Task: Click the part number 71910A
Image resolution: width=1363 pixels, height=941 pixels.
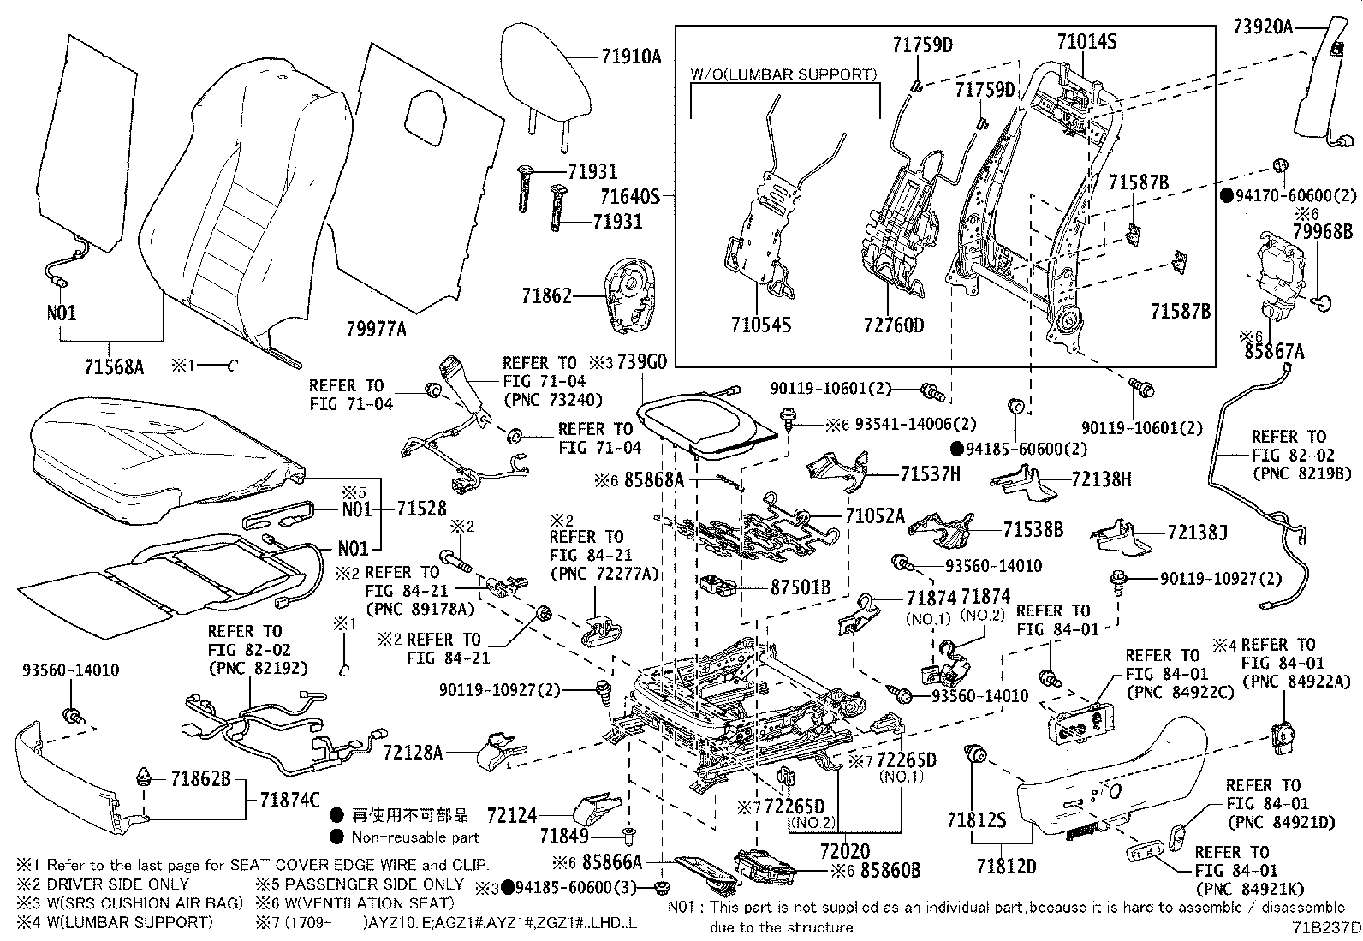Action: tap(630, 58)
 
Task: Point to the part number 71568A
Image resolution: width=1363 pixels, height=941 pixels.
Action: tap(114, 367)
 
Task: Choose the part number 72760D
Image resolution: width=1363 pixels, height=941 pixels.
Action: tap(893, 325)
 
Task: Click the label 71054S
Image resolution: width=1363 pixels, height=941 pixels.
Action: tap(760, 325)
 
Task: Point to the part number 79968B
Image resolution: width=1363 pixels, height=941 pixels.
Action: tap(1322, 231)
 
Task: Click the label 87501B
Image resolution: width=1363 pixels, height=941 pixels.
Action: tap(801, 588)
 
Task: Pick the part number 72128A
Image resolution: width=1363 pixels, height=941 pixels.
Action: tap(413, 753)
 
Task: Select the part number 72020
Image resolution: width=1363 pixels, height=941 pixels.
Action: tap(846, 851)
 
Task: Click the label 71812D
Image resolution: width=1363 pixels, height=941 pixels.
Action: tap(1003, 867)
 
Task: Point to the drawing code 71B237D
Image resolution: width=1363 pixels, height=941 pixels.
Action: tap(1326, 927)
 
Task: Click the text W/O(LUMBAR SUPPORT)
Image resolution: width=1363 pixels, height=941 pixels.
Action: tap(783, 74)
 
